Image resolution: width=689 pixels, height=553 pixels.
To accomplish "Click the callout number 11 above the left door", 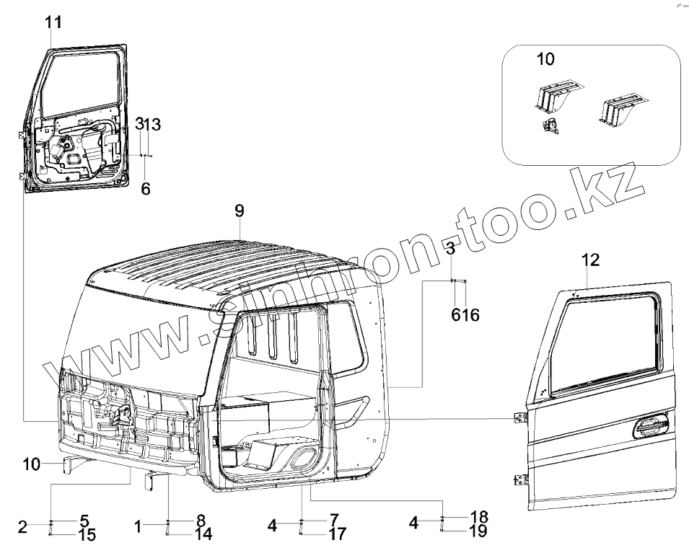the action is [x=53, y=22].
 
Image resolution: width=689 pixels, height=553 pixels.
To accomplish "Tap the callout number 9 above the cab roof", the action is [x=240, y=211].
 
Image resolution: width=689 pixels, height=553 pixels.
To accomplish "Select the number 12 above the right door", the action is [x=590, y=260].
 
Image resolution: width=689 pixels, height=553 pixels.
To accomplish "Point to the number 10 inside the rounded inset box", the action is [x=545, y=59].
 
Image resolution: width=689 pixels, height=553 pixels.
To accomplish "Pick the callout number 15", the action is [x=87, y=535].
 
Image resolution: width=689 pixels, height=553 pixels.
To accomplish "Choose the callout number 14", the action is [x=203, y=534].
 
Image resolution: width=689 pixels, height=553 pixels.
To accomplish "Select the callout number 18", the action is [x=479, y=517].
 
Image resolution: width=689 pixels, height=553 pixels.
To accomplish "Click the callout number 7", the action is [x=333, y=519].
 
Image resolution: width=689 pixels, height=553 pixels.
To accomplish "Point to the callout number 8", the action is [x=201, y=519].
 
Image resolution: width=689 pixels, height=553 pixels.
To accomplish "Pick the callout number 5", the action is [x=84, y=520].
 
